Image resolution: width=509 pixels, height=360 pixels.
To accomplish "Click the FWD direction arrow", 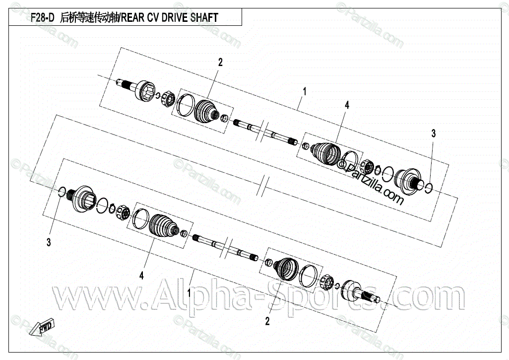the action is pos(43,329).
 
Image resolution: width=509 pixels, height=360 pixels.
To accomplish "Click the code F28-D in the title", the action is pos(42,17).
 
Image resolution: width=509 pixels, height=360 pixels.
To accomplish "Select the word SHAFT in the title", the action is pos(203,17).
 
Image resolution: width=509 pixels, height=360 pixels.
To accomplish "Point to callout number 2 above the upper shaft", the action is pos(220,62).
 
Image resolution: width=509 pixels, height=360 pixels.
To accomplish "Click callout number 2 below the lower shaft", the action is pos(267,321).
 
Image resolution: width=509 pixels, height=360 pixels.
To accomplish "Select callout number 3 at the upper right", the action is pos(433,133).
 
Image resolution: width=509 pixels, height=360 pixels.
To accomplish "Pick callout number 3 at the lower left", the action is pos(49,242).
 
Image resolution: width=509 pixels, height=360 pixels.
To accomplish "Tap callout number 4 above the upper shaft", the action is pos(347,105).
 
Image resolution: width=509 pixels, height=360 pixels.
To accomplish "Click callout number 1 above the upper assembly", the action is pos(305,91).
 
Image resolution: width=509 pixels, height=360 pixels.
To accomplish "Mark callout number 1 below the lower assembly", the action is pos(190,293).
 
